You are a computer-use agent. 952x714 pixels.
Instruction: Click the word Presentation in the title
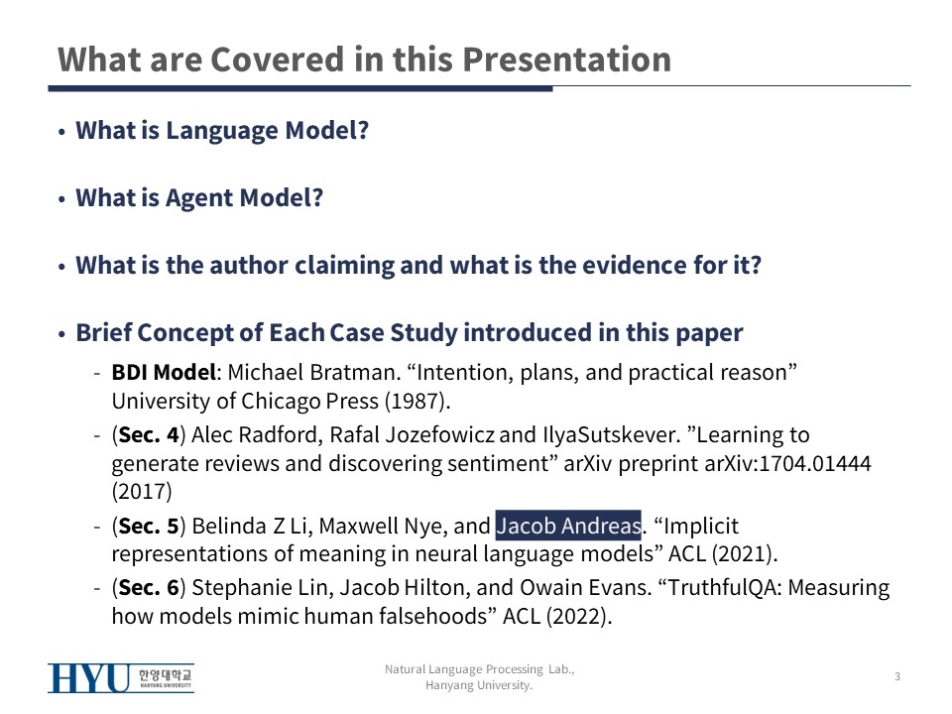[x=566, y=59]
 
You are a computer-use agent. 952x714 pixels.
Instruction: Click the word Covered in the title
[x=277, y=59]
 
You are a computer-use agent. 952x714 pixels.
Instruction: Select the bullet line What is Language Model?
[x=222, y=131]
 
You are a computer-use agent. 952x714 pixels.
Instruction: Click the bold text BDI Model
[x=164, y=372]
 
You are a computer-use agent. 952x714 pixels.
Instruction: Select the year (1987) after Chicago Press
[x=416, y=402]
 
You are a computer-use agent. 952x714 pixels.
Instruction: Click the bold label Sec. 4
[x=149, y=434]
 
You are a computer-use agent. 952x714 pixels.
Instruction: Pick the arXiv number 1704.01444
[x=815, y=463]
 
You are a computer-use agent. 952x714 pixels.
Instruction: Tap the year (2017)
[x=142, y=491]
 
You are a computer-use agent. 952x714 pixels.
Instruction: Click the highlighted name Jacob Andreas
[x=568, y=526]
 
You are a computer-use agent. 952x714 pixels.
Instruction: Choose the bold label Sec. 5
[x=149, y=526]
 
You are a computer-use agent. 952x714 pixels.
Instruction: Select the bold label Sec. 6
[x=149, y=587]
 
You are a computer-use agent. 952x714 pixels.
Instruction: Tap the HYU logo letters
[x=88, y=678]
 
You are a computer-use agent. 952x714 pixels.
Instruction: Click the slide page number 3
[x=897, y=676]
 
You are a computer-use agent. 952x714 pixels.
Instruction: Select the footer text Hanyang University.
[x=478, y=685]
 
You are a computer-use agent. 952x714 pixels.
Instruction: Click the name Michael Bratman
[x=310, y=372]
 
